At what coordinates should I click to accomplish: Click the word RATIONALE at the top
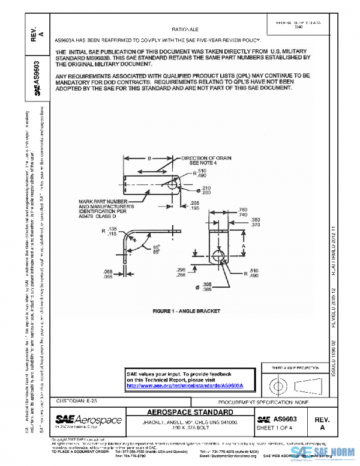point(185,29)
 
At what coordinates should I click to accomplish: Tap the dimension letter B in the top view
point(149,159)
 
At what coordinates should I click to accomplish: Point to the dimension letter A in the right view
point(242,246)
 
